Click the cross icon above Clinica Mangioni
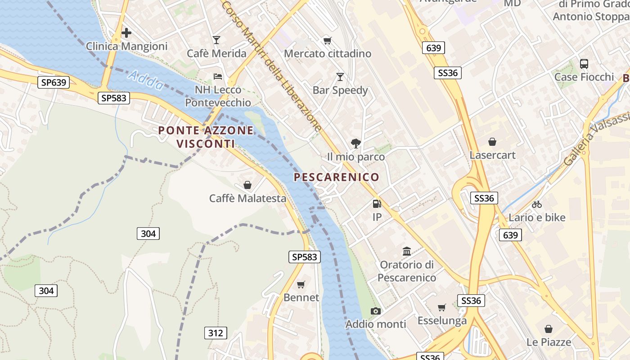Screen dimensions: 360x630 point(126,33)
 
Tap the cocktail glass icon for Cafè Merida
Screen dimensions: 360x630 point(216,40)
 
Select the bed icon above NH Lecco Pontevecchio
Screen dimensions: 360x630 point(218,76)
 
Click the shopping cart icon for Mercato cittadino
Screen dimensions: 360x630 point(328,41)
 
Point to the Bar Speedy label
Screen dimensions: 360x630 point(340,90)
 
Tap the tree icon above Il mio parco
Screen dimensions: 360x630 point(356,144)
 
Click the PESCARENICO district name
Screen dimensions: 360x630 point(337,177)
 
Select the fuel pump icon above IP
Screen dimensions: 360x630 point(377,204)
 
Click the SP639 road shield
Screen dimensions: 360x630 point(53,82)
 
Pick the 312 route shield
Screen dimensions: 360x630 point(216,333)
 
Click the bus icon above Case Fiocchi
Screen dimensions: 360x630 point(584,63)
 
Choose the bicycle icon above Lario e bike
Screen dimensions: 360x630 point(537,204)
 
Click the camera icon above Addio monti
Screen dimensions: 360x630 point(375,311)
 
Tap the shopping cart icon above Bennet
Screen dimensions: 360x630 point(301,284)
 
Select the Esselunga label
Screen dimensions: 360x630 point(442,321)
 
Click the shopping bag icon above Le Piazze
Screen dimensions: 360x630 point(549,329)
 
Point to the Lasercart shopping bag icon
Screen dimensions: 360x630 point(492,142)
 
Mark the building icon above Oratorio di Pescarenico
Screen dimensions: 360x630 point(407,251)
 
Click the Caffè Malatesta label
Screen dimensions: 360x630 point(247,198)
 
